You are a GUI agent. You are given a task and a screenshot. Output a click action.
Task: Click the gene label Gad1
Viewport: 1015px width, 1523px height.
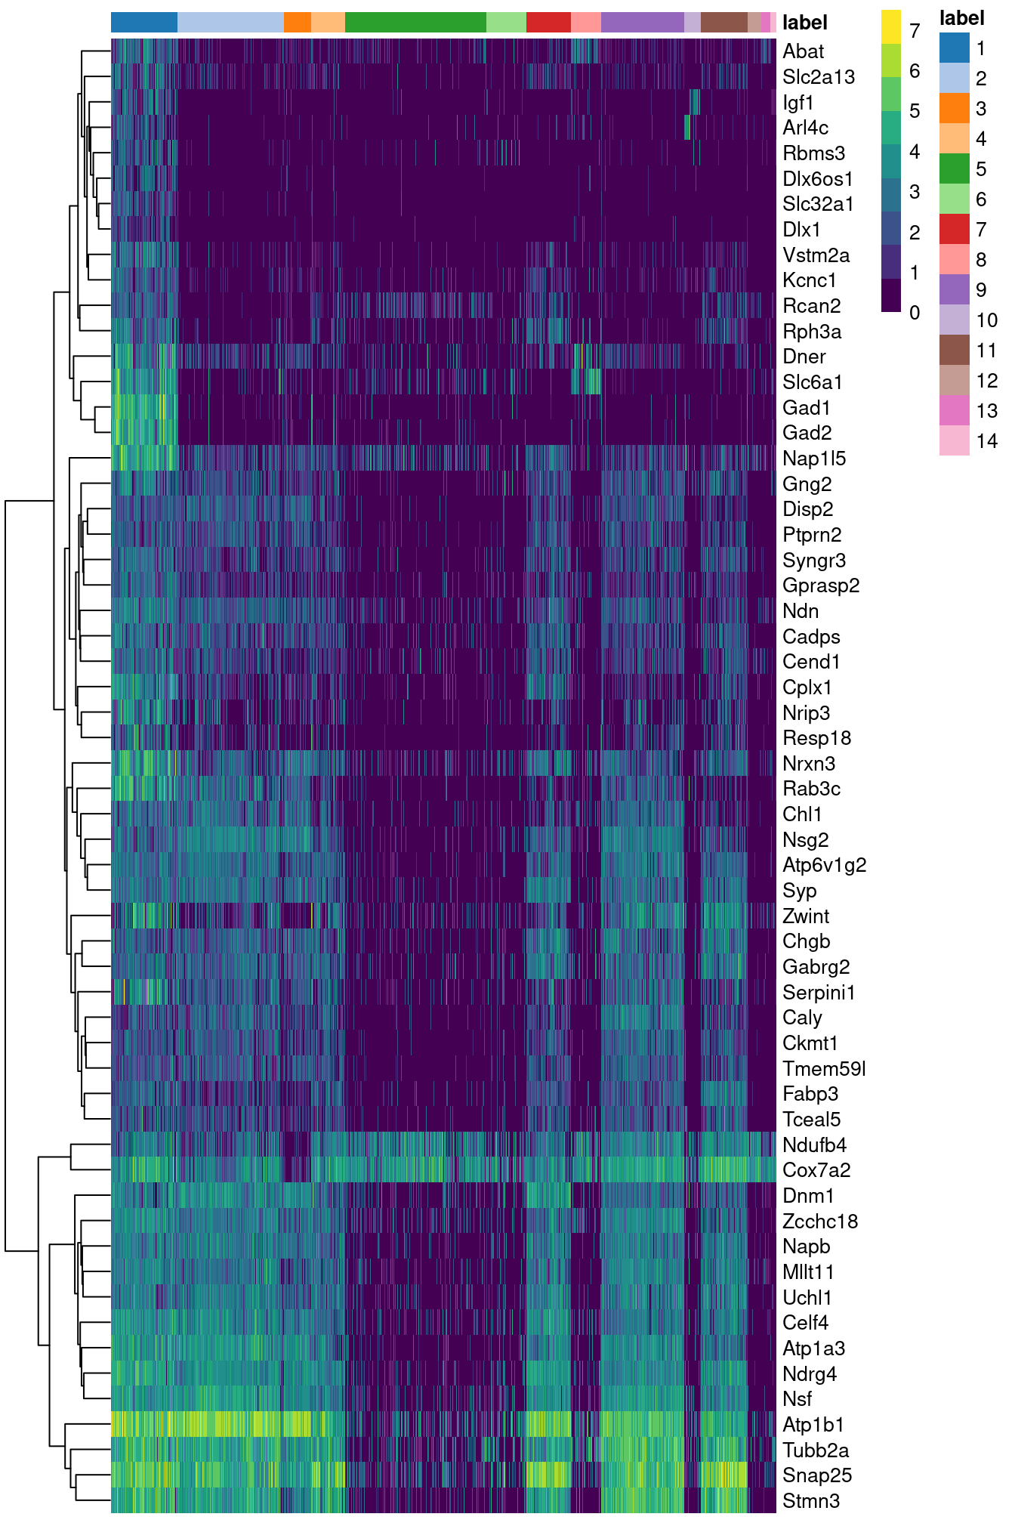click(x=806, y=408)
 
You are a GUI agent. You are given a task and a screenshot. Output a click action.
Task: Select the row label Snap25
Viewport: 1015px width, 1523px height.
click(x=817, y=1475)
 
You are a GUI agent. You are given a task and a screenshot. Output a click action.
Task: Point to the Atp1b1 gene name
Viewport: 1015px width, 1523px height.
click(x=813, y=1425)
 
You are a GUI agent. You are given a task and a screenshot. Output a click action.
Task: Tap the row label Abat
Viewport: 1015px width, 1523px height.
click(x=803, y=51)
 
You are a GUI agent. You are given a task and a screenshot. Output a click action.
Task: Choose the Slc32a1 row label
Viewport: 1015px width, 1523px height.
click(x=818, y=204)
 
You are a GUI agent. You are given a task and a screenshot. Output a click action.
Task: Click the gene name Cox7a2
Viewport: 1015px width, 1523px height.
click(x=816, y=1170)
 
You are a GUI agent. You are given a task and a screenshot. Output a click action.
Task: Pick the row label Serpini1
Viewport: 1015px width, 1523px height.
click(x=819, y=992)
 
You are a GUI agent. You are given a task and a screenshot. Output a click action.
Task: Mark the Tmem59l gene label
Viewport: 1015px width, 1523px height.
click(x=824, y=1069)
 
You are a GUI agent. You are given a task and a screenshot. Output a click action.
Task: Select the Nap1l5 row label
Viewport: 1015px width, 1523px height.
click(x=814, y=459)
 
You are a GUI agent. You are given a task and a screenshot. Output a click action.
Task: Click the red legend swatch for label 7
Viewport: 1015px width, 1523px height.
click(x=954, y=229)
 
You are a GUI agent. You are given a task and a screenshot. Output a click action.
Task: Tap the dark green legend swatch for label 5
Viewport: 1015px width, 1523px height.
click(x=954, y=168)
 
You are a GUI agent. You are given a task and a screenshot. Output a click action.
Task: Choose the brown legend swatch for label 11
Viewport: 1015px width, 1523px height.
click(x=954, y=350)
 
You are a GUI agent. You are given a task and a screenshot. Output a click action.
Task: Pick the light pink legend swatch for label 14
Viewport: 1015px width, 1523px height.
click(x=954, y=440)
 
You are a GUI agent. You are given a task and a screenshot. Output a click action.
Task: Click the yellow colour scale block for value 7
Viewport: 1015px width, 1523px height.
click(x=891, y=27)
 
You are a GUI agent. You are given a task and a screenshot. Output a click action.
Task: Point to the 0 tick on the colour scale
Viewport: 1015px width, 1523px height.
click(x=915, y=313)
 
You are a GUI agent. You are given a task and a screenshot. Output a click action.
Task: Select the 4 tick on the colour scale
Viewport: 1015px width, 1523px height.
click(x=915, y=152)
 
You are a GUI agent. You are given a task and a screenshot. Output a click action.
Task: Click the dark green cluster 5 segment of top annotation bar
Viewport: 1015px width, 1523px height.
click(x=415, y=23)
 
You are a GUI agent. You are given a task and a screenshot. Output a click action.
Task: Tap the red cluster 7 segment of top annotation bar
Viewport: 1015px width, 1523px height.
click(x=548, y=23)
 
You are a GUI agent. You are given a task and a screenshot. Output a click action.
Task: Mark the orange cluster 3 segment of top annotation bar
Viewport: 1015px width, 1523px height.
click(x=298, y=23)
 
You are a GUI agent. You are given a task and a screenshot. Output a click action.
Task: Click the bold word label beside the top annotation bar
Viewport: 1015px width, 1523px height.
click(x=805, y=23)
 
